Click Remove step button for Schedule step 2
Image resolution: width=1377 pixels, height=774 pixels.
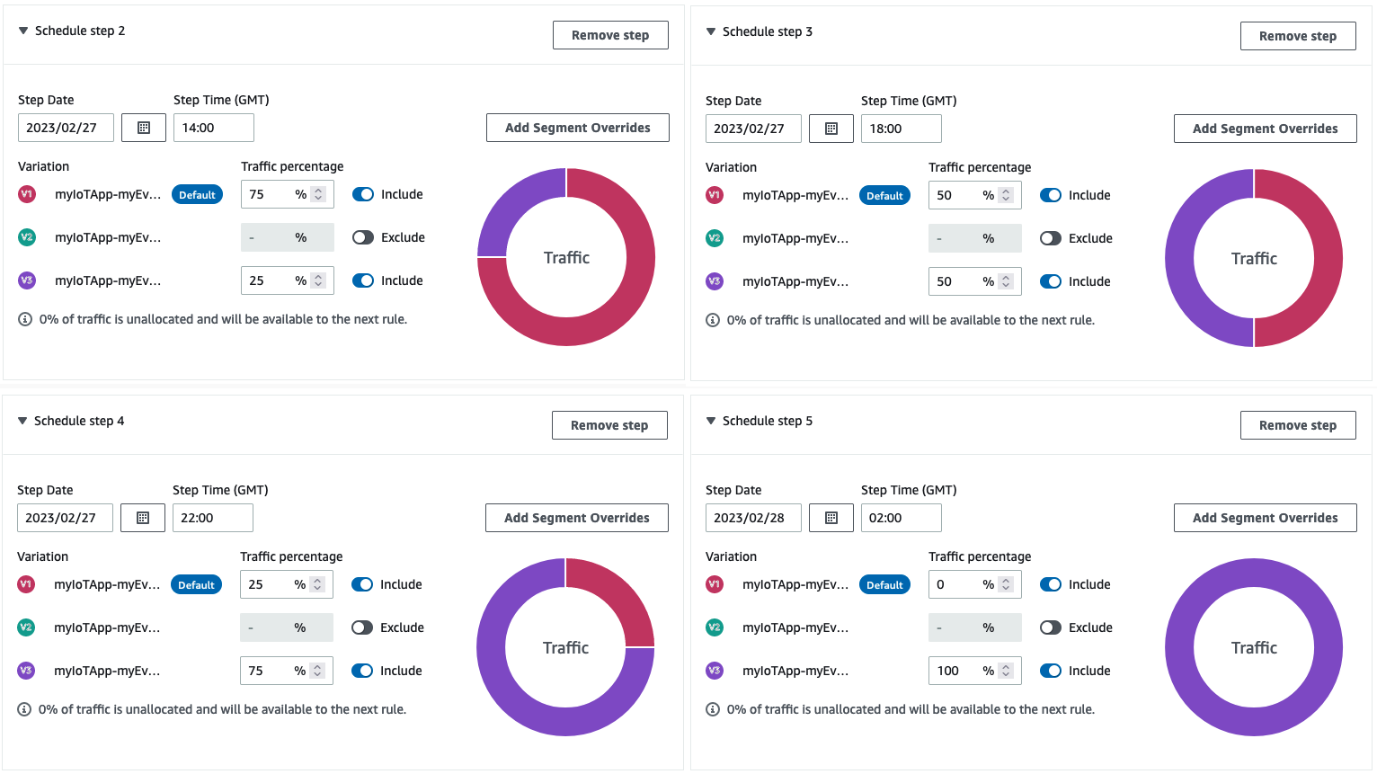[x=610, y=35]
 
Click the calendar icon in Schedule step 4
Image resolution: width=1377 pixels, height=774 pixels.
[x=143, y=518]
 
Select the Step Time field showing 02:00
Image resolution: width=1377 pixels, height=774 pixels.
[x=901, y=518]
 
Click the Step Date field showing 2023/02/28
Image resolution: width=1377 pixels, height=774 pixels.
[x=753, y=518]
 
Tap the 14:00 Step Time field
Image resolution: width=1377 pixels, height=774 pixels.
[x=213, y=128]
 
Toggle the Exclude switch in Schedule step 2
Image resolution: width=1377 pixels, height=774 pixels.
[x=363, y=237]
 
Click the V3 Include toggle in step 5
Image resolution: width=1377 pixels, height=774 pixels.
[x=1051, y=671]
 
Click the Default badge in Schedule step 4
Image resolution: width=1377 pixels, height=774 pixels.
[x=196, y=585]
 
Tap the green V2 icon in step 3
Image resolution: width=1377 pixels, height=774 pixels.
[x=715, y=238]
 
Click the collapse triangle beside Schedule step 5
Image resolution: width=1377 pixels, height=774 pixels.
[x=711, y=421]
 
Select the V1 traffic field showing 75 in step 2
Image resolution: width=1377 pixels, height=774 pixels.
[x=270, y=194]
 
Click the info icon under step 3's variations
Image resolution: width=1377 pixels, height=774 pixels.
[x=713, y=320]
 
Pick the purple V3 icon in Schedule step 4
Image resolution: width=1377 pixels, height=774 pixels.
[x=26, y=671]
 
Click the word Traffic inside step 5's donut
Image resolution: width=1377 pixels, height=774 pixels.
[x=1254, y=648]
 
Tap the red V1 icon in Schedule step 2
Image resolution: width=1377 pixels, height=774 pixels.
[x=27, y=194]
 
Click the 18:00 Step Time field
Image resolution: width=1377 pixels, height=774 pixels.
[x=901, y=129]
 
